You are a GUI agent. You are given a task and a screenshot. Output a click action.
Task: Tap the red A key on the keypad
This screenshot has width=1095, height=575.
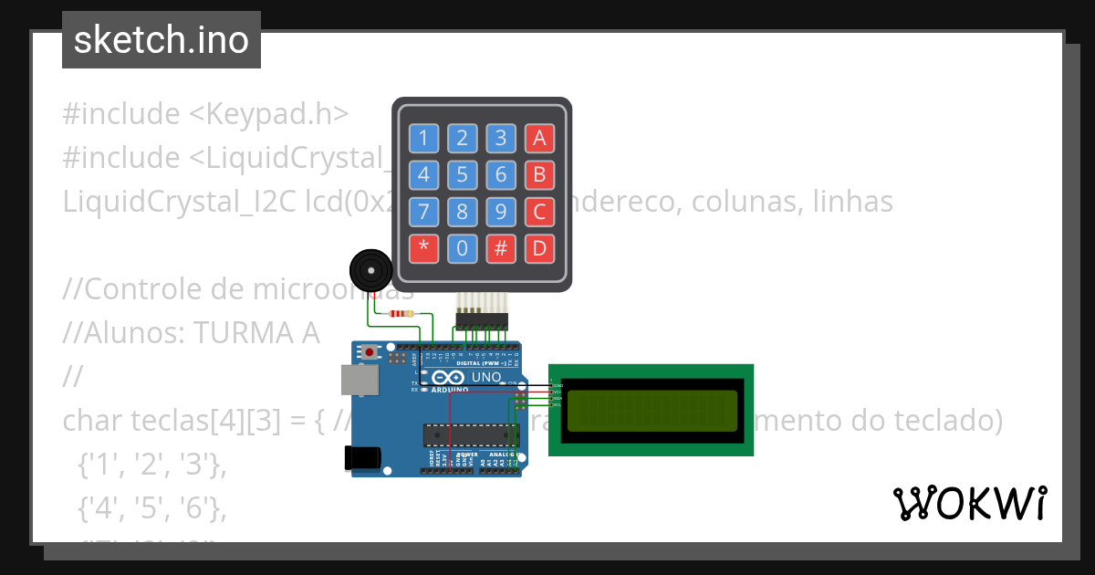[539, 139]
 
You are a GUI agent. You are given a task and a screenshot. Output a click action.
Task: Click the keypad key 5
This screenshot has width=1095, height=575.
[463, 174]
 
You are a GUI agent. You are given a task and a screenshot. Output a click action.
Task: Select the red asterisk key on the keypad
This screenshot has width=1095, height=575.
[422, 247]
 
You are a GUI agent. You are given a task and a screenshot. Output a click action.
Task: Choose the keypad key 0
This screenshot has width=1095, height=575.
[463, 247]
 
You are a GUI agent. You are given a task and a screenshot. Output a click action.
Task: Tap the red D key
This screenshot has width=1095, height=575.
[539, 247]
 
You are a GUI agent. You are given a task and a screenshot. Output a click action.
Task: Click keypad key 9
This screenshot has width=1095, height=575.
[501, 212]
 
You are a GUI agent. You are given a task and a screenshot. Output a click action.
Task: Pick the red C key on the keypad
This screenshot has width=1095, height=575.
[539, 212]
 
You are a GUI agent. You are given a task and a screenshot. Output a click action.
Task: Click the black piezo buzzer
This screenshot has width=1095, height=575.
[370, 270]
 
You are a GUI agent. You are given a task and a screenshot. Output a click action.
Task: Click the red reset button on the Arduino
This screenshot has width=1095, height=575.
[369, 351]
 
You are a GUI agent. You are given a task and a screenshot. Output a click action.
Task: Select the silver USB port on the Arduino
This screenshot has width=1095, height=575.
[359, 380]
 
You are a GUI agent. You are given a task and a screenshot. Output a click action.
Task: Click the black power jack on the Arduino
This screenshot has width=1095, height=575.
[361, 458]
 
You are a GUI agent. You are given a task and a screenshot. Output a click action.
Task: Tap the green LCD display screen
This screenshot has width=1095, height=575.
[652, 411]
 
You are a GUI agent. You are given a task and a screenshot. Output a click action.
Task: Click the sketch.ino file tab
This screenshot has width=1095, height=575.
[162, 40]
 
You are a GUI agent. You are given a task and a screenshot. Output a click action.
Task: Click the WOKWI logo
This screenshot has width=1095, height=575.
[969, 504]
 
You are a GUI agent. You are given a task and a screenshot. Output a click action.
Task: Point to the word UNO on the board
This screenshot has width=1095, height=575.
[485, 377]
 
